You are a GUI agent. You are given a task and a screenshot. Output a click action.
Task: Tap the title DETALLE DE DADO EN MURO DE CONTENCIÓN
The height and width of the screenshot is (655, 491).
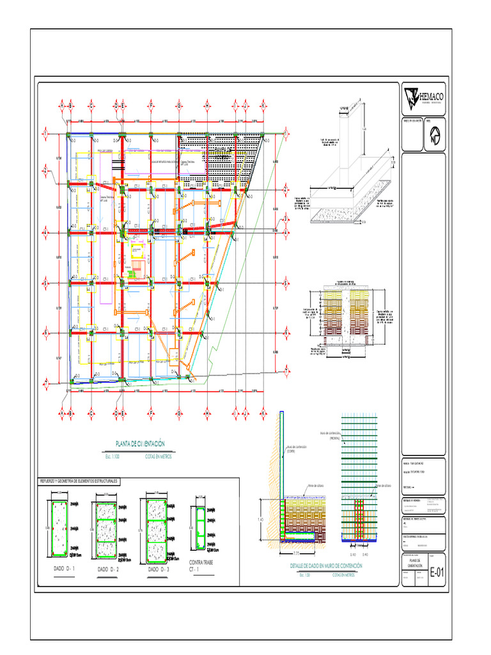click(325, 566)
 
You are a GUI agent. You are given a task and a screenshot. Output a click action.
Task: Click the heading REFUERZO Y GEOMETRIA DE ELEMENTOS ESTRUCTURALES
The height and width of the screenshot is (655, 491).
click(79, 480)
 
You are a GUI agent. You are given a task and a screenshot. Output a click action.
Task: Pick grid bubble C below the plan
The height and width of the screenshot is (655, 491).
click(91, 414)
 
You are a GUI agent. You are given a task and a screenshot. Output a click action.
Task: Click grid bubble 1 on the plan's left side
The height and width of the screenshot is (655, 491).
click(46, 132)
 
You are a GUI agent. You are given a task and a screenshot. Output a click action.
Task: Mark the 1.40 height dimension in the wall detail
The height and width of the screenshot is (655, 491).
click(260, 519)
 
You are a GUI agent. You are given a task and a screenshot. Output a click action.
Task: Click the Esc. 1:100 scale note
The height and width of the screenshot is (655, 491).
click(111, 457)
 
